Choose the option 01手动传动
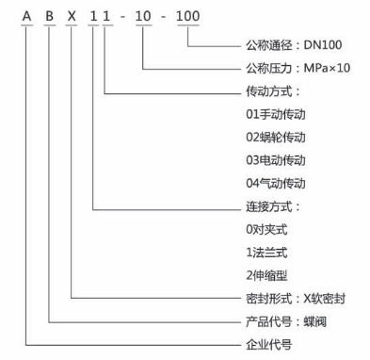(274, 114)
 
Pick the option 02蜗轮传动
(274, 137)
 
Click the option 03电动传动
(274, 159)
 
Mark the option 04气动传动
(274, 182)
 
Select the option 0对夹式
(265, 228)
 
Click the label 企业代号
(267, 343)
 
